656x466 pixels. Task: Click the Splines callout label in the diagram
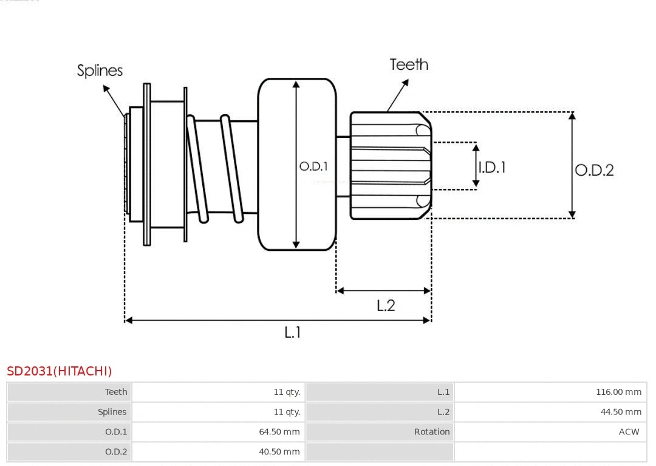100,70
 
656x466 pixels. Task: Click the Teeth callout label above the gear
408,64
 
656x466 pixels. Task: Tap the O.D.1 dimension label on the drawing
313,166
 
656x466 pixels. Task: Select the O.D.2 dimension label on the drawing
594,170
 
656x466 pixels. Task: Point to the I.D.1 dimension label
491,167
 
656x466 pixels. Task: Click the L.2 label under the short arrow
386,305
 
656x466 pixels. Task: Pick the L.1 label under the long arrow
293,332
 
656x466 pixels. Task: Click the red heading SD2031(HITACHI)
60,371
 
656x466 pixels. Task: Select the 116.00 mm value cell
618,392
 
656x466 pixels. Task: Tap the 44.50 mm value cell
621,412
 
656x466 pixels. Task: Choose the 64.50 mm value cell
279,432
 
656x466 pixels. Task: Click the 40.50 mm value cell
279,451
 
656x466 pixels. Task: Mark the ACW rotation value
629,432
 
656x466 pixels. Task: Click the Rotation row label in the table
432,432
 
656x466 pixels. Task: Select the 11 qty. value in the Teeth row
287,392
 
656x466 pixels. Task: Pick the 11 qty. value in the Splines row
287,412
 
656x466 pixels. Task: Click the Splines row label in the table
112,412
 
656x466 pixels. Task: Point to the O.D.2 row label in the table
116,451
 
